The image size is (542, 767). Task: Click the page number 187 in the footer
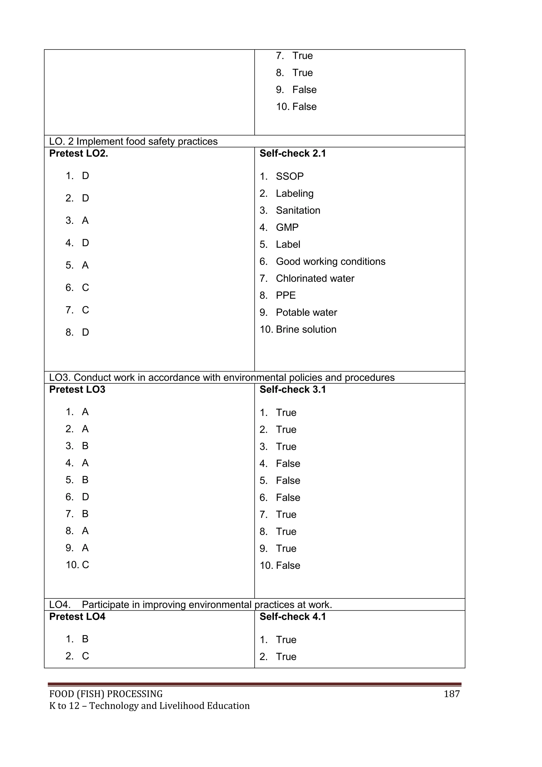tap(451, 694)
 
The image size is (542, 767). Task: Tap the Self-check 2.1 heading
tap(292, 153)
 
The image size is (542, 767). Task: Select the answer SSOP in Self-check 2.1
tap(289, 176)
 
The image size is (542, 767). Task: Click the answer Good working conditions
tap(330, 261)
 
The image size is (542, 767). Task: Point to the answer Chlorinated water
tap(315, 278)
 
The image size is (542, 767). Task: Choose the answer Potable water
tap(306, 312)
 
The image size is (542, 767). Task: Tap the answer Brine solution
tap(306, 329)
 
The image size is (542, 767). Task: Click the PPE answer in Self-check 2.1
tap(286, 295)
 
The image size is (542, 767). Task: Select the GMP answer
tap(287, 227)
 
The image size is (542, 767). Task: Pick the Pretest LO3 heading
tap(77, 389)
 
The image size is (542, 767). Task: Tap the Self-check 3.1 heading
tap(292, 389)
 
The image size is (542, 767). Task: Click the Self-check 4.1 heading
tap(292, 616)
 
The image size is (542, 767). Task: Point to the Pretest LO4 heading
tap(77, 616)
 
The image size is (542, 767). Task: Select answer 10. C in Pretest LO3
tap(78, 565)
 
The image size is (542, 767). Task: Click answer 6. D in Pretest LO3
tap(78, 497)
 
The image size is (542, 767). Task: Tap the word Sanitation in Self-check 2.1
tap(298, 210)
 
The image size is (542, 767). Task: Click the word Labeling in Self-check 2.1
tap(294, 193)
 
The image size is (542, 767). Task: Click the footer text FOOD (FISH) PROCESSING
tap(106, 694)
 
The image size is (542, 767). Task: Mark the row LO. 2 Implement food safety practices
tap(133, 141)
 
